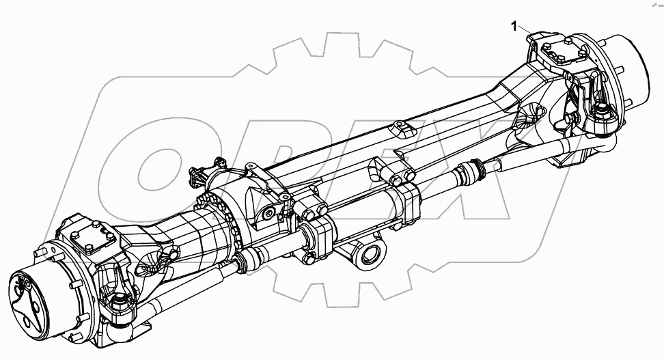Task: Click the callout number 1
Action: pos(514,26)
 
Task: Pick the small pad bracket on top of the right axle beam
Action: pos(400,129)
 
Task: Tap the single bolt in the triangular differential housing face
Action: pos(271,216)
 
